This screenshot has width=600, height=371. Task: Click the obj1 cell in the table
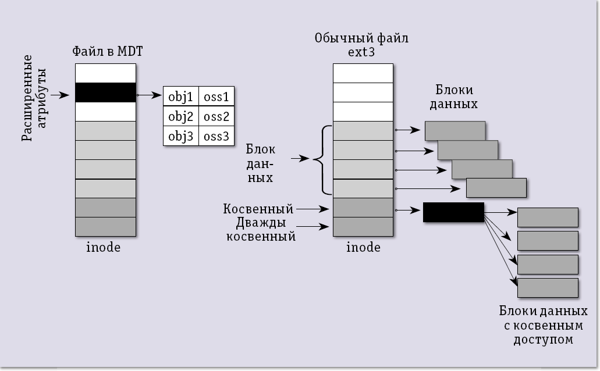tap(180, 97)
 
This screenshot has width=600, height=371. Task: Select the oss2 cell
tap(216, 116)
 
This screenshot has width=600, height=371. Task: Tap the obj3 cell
tap(180, 137)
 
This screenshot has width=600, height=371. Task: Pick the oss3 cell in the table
tap(216, 137)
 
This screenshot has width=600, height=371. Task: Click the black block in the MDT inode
tap(105, 92)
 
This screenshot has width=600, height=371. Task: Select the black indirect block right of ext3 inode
tap(453, 212)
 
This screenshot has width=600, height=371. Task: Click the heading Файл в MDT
tap(108, 51)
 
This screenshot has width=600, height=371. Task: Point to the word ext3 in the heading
tap(361, 53)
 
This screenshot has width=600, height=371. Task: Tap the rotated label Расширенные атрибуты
tap(34, 97)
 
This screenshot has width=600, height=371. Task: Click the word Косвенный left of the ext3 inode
tap(258, 208)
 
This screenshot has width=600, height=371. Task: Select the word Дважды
tap(260, 223)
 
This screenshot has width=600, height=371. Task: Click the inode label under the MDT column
tap(104, 247)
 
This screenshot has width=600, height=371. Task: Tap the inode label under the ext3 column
tap(363, 247)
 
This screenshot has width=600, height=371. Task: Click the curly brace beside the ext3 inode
tap(322, 159)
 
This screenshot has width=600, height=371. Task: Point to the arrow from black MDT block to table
tap(150, 94)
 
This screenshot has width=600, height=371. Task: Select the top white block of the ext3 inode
tap(363, 73)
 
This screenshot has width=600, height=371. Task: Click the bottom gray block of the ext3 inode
tap(363, 226)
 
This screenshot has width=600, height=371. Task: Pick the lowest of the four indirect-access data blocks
tap(548, 288)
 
